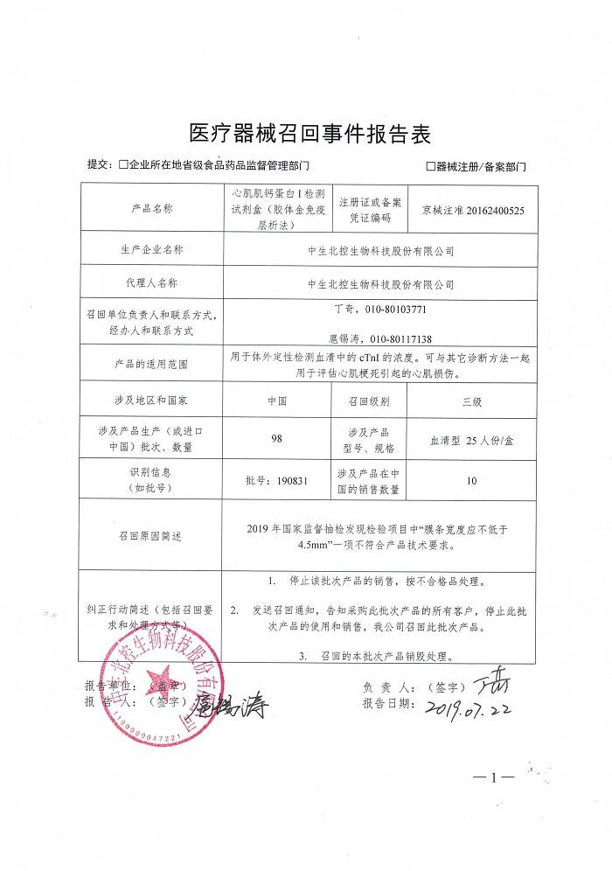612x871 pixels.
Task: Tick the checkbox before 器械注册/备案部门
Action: point(430,166)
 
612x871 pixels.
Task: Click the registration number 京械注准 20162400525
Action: point(472,210)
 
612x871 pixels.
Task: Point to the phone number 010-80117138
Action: point(402,338)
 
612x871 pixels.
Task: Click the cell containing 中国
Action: point(276,401)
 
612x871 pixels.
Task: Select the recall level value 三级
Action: point(472,401)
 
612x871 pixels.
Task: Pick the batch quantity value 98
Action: point(276,440)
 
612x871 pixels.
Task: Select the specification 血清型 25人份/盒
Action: point(472,440)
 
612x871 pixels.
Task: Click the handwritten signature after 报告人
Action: point(232,702)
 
